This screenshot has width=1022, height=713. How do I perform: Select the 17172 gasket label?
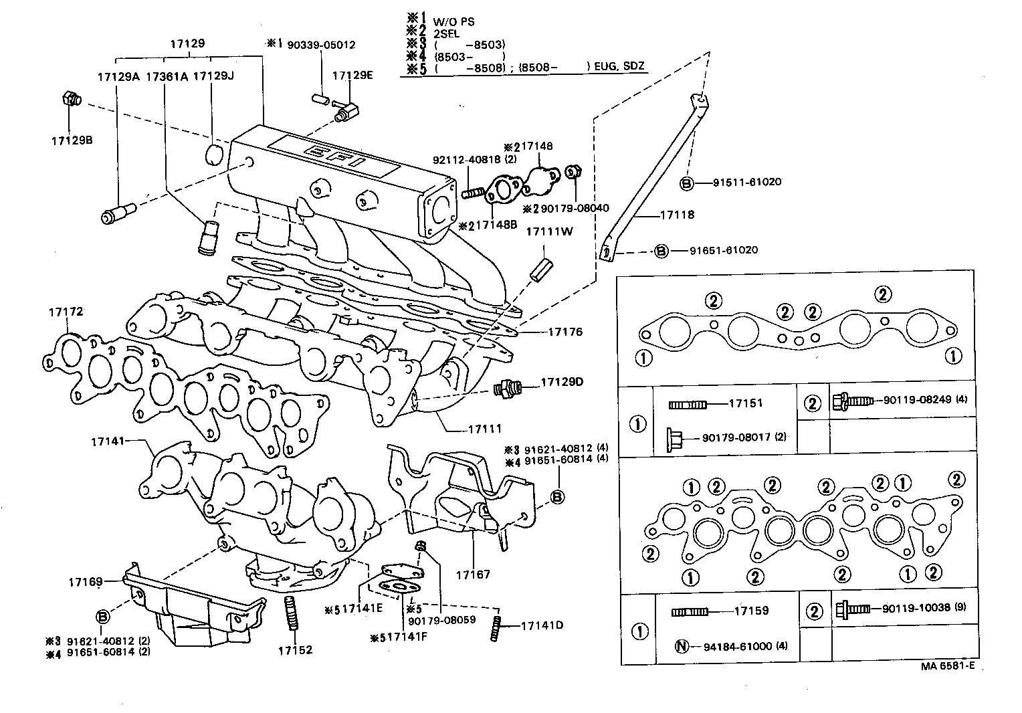[65, 312]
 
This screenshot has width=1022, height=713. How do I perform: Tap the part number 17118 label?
[677, 215]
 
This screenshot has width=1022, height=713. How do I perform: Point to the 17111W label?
[548, 231]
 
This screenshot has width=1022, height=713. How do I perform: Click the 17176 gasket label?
[565, 331]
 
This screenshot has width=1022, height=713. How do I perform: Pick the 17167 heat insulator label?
[473, 574]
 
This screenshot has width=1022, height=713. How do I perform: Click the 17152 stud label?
[295, 649]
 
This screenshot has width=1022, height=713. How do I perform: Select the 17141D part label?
[542, 625]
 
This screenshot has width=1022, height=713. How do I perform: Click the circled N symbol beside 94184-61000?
[682, 646]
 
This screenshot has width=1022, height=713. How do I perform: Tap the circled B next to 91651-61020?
[661, 250]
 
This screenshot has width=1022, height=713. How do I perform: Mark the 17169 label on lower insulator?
[84, 582]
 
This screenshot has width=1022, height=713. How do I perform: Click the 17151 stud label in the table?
[745, 403]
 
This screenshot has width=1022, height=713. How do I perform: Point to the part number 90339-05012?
[321, 45]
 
